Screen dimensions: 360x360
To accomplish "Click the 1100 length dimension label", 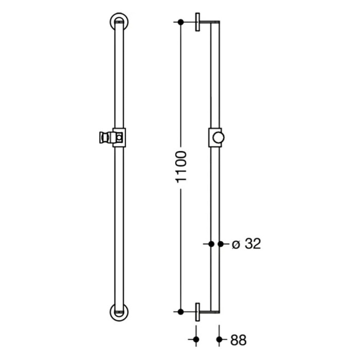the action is point(181,167).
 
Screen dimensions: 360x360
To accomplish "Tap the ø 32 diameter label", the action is point(246,244).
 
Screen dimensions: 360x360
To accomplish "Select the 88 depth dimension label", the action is point(238,340).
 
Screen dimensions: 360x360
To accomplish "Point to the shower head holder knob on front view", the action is point(104,137).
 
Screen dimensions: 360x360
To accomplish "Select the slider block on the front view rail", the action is point(119,137).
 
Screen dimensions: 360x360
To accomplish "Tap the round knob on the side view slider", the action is point(219,138).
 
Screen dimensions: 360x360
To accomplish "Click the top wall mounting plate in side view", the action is point(197,22).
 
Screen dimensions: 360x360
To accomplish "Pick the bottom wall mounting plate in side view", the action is point(197,312).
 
